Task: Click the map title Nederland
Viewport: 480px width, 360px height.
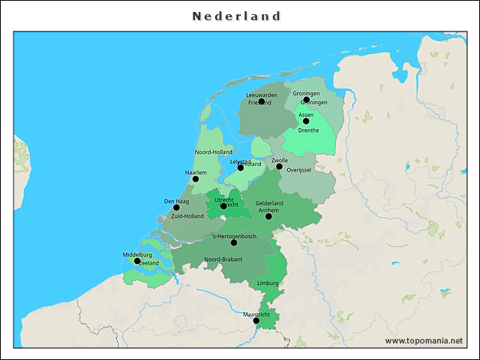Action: pyautogui.click(x=236, y=16)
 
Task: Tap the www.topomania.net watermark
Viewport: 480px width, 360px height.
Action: pyautogui.click(x=424, y=340)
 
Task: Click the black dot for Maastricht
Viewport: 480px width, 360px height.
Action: pyautogui.click(x=256, y=321)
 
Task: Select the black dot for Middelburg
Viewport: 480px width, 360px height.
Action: pyautogui.click(x=136, y=261)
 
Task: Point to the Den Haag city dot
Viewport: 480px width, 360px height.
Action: pyautogui.click(x=176, y=208)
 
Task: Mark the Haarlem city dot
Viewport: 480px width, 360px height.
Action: pyautogui.click(x=196, y=179)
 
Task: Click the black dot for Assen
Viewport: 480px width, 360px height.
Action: pyautogui.click(x=306, y=121)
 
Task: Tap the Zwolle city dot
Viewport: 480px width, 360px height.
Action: pyautogui.click(x=279, y=166)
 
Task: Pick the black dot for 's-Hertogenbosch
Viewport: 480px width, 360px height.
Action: pyautogui.click(x=234, y=243)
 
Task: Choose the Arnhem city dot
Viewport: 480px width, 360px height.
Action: pyautogui.click(x=268, y=217)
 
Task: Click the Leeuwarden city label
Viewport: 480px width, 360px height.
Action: pyautogui.click(x=262, y=95)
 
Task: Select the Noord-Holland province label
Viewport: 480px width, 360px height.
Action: pyautogui.click(x=214, y=152)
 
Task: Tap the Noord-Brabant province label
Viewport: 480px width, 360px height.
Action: pyautogui.click(x=223, y=259)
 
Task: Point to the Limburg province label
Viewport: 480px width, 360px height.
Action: pyautogui.click(x=267, y=283)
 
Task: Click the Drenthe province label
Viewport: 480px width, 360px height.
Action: pyautogui.click(x=308, y=130)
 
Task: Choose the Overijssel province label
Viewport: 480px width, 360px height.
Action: pyautogui.click(x=299, y=170)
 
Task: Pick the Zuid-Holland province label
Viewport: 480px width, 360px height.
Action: pyautogui.click(x=187, y=216)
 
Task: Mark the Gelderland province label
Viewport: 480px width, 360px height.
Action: pyautogui.click(x=269, y=203)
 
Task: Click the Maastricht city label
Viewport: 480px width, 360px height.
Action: pyautogui.click(x=256, y=314)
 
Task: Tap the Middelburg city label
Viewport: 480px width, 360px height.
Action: pyautogui.click(x=137, y=255)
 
